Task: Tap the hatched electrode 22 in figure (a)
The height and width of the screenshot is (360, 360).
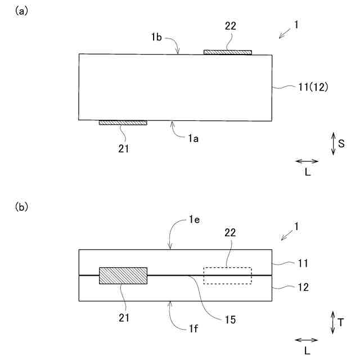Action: coord(228,52)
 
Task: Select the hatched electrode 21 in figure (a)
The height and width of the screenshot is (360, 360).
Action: coord(123,122)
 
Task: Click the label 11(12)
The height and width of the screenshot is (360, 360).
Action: coord(312,87)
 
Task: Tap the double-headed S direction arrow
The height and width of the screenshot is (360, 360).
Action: coord(333,143)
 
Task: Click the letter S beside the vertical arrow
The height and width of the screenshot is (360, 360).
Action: coord(341,143)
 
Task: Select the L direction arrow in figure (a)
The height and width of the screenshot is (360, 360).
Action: coord(307,161)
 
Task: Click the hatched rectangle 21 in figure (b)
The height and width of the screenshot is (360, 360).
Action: coord(123,276)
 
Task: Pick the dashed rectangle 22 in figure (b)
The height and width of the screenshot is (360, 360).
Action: coord(228,276)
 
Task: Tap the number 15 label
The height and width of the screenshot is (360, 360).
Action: coord(229,319)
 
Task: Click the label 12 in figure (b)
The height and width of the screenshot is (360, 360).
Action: coord(303,286)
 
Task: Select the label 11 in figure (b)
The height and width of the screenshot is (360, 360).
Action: coord(303,262)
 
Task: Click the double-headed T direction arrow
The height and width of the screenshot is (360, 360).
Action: coord(332,323)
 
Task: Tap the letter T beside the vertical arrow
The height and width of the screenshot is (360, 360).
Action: coord(341,323)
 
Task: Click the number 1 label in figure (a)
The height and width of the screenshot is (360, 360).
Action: coord(296,25)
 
